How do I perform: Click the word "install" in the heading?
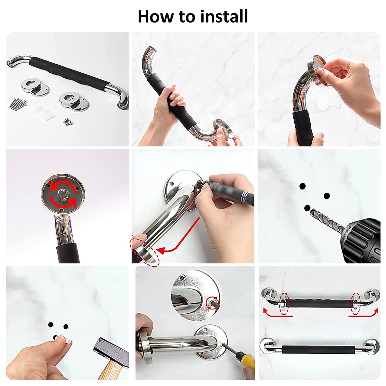click(224, 17)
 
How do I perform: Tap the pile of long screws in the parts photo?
click(18, 104)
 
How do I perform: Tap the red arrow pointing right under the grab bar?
click(363, 314)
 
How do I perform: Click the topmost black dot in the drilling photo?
click(302, 186)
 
